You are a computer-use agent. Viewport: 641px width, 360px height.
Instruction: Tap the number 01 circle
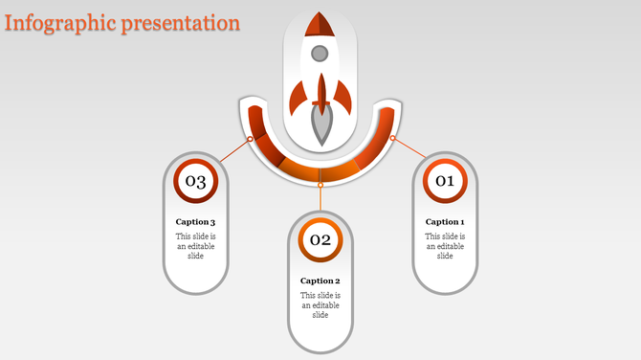[445, 180]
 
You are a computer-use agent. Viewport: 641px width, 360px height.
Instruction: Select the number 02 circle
[320, 239]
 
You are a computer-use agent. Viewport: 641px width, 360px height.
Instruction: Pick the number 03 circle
[195, 181]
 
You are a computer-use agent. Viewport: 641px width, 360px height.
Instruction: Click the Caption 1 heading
[445, 221]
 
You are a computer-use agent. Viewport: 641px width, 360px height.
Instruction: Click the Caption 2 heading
[320, 281]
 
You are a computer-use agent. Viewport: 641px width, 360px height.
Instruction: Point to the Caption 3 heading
[195, 222]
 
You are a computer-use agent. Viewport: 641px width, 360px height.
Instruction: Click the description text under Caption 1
[445, 246]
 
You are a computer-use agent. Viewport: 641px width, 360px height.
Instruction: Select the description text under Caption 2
[320, 305]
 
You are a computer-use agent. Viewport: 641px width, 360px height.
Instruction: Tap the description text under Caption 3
[195, 246]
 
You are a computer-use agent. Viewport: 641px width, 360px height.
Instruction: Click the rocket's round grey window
[320, 53]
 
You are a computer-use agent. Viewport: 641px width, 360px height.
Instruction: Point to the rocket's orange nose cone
[320, 23]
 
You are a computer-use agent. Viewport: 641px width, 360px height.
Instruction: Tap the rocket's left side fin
[298, 96]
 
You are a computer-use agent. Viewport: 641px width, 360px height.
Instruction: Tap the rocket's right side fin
[343, 96]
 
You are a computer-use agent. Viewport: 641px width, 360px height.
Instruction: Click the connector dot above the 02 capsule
[320, 185]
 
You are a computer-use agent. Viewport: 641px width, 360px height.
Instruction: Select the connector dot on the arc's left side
[251, 139]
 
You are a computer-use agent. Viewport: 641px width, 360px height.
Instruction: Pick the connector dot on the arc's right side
[391, 139]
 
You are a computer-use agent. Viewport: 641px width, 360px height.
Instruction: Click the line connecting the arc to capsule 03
[232, 151]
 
